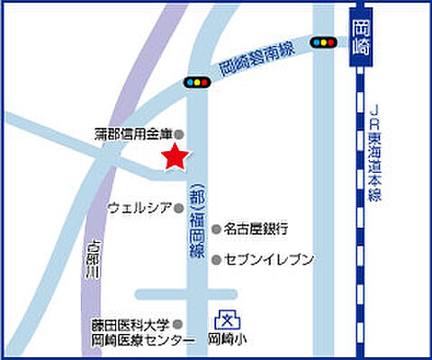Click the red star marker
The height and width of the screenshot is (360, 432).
coord(175,157)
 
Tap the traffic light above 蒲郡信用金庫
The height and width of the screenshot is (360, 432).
coord(195,82)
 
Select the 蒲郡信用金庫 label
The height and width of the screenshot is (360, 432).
coord(132,133)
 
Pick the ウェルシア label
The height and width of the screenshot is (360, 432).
coord(139,208)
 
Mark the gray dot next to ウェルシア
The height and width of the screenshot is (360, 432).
coord(178,208)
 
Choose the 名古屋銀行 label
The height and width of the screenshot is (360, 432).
coord(256,229)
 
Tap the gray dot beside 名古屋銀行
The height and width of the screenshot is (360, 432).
coord(216,229)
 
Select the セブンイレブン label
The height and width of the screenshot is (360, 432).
coord(269,260)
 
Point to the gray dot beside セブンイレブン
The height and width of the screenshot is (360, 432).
coord(216,260)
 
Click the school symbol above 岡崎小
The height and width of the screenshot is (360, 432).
coord(227,319)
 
